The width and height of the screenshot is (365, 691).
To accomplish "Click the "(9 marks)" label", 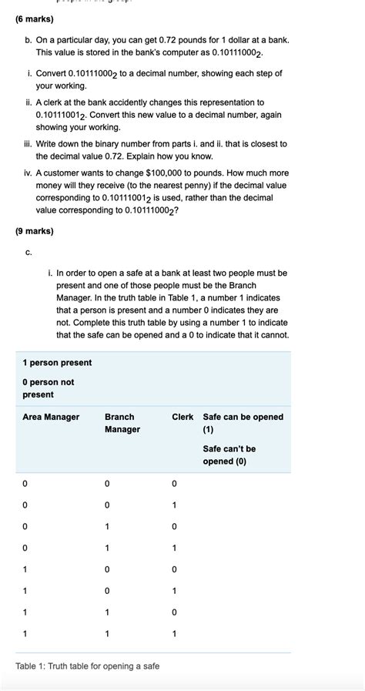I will pos(35,230).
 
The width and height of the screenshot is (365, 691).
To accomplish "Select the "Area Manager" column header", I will pos(51,417).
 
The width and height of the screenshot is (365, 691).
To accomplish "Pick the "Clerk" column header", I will pos(182,417).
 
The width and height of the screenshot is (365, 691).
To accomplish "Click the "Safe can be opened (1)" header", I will pos(243,423).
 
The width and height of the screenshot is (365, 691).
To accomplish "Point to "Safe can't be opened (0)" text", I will pos(229,455).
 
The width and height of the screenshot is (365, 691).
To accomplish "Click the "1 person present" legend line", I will pos(57,363).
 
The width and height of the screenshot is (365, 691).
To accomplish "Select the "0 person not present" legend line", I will pos(49,388).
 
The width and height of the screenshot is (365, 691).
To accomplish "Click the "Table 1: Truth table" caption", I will pos(87,666).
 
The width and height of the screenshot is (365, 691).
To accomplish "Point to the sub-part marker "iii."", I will pos(28,144).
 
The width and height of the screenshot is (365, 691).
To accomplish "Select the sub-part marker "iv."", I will pos(28,174).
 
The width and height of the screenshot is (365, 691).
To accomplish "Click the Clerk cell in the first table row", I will pos(175,484).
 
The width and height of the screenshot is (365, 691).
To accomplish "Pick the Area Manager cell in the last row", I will pos(25,633).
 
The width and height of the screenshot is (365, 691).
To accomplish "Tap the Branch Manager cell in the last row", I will pos(107,633).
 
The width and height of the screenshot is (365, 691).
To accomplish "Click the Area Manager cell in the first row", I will pos(25,484).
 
